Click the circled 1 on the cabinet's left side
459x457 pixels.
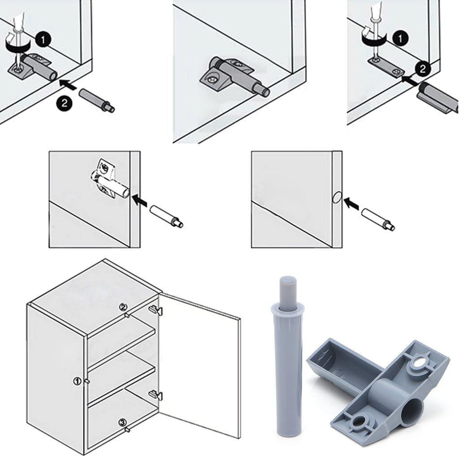pyautogui.click(x=78, y=381)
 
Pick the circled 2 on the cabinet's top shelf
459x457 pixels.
pyautogui.click(x=123, y=308)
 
